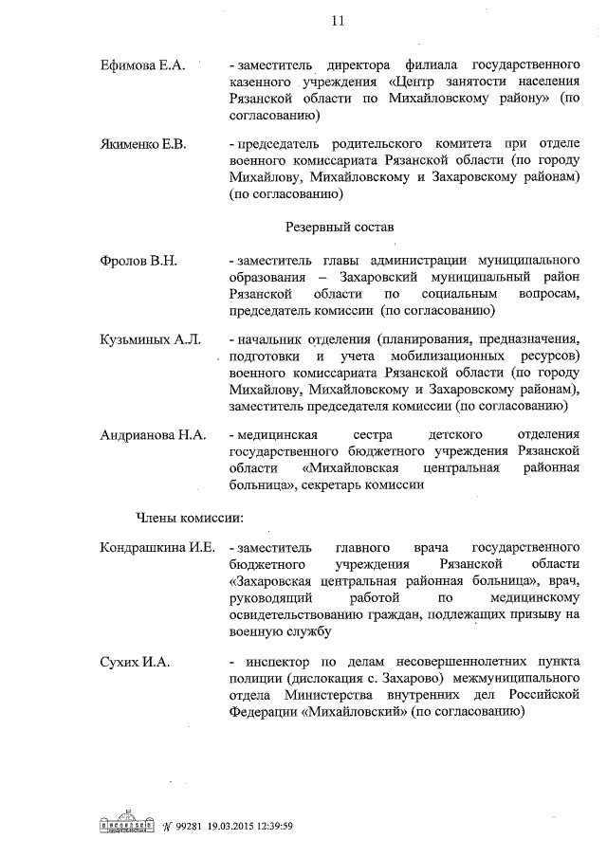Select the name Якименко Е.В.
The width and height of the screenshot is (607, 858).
coord(143,144)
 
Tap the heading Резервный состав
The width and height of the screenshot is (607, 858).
coord(339,228)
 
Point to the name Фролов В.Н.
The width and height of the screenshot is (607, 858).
coord(138,261)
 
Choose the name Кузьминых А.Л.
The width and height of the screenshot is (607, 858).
coord(150,339)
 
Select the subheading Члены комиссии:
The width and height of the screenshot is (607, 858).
coord(190,517)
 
